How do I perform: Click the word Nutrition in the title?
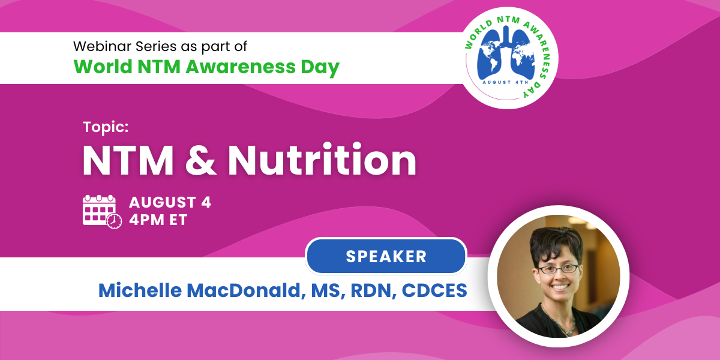click(322, 160)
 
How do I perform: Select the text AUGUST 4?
click(170, 202)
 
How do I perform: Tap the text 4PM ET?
click(158, 220)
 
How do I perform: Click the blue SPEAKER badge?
click(386, 256)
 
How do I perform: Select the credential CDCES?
click(434, 291)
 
